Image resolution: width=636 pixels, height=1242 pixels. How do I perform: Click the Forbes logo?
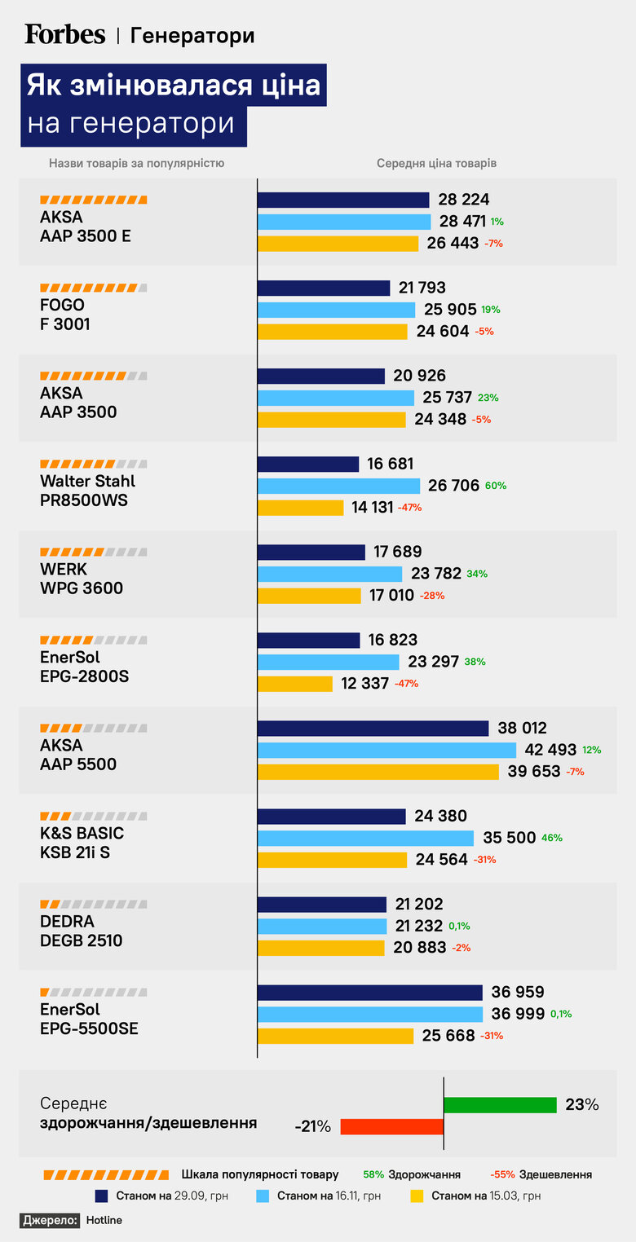click(65, 34)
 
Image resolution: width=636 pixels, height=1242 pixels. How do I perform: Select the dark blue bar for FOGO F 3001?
click(324, 288)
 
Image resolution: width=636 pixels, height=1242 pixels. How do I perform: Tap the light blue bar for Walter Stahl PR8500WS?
click(338, 486)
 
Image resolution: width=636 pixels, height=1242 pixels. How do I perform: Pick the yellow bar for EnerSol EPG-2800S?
click(295, 684)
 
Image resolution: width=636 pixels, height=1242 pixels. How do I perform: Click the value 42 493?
click(552, 750)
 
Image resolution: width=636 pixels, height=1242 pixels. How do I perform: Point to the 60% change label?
click(496, 486)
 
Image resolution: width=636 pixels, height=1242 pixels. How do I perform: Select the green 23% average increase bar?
click(500, 1105)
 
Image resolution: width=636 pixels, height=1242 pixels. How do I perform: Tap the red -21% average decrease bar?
click(391, 1126)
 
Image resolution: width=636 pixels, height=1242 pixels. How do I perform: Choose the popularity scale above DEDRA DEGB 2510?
click(94, 904)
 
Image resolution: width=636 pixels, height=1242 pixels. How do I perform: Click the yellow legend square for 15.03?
click(417, 1196)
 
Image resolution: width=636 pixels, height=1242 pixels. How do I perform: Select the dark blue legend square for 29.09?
click(102, 1196)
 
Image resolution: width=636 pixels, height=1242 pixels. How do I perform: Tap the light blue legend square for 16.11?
click(263, 1196)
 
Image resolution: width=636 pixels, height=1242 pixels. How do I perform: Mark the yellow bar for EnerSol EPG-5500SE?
click(336, 1036)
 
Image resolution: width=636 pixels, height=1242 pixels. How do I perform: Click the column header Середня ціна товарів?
click(436, 163)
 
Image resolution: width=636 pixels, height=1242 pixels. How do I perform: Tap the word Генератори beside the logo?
click(192, 36)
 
